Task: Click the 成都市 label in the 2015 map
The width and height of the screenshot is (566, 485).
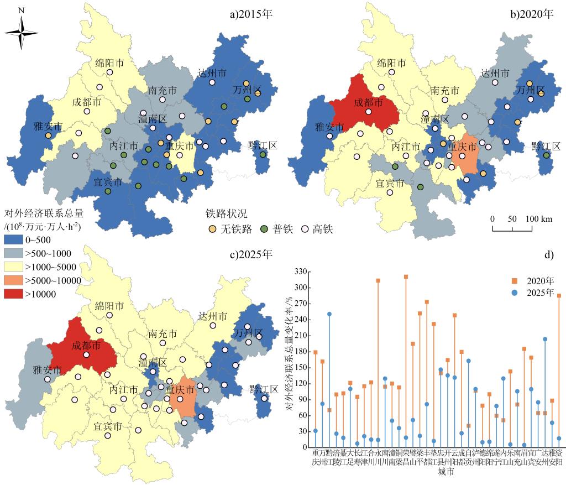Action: [87, 102]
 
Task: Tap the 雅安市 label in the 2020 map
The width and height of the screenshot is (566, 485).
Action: [330, 127]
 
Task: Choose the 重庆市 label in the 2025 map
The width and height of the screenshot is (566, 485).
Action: [181, 390]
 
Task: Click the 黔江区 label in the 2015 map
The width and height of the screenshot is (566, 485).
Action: [263, 145]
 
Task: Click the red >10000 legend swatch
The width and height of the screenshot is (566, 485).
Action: [13, 294]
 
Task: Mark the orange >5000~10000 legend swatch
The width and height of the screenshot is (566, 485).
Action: [13, 280]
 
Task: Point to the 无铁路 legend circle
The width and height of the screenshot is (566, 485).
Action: [212, 228]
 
